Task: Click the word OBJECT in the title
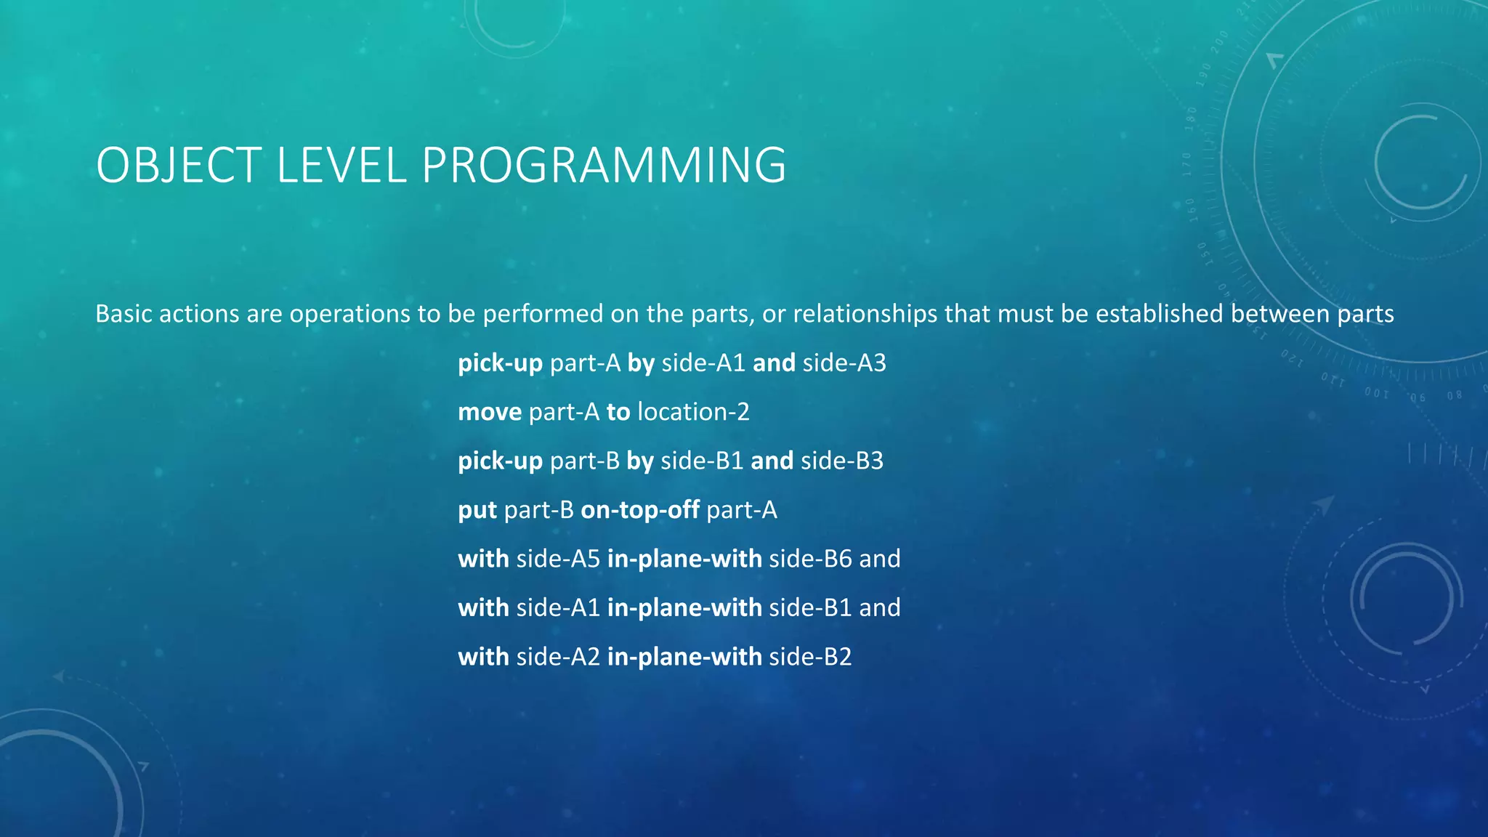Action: click(179, 166)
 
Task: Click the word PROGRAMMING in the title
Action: click(604, 166)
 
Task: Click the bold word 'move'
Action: click(490, 413)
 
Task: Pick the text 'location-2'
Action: click(693, 413)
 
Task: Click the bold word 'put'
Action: click(477, 510)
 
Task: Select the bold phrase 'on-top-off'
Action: click(640, 510)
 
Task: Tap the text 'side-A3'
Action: click(844, 363)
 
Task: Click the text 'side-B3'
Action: click(841, 461)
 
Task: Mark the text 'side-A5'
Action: click(558, 559)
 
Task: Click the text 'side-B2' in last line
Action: click(810, 657)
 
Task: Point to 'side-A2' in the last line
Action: click(558, 657)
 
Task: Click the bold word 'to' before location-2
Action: click(618, 413)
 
